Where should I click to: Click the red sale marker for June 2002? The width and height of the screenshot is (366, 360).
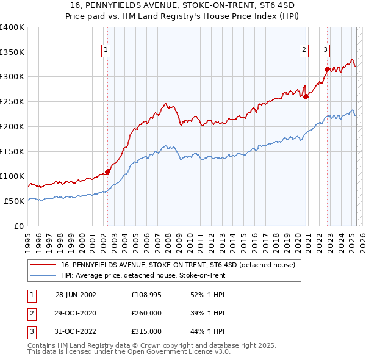click(x=108, y=171)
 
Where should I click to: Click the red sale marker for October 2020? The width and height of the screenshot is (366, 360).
click(x=306, y=96)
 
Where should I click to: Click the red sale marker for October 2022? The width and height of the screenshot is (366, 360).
click(x=328, y=69)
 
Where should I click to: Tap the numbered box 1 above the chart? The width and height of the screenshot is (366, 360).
click(x=106, y=50)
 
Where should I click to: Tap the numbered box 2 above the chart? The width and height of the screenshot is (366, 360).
click(x=304, y=50)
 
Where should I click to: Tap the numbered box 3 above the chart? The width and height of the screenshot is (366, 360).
click(x=326, y=50)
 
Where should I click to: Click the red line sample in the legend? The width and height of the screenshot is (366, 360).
click(x=44, y=265)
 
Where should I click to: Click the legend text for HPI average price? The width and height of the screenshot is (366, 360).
click(x=143, y=275)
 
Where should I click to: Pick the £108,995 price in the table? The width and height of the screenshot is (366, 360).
click(x=146, y=294)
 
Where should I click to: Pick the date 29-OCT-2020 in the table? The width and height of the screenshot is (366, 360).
click(x=76, y=313)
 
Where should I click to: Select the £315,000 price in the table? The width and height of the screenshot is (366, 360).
click(x=146, y=331)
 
